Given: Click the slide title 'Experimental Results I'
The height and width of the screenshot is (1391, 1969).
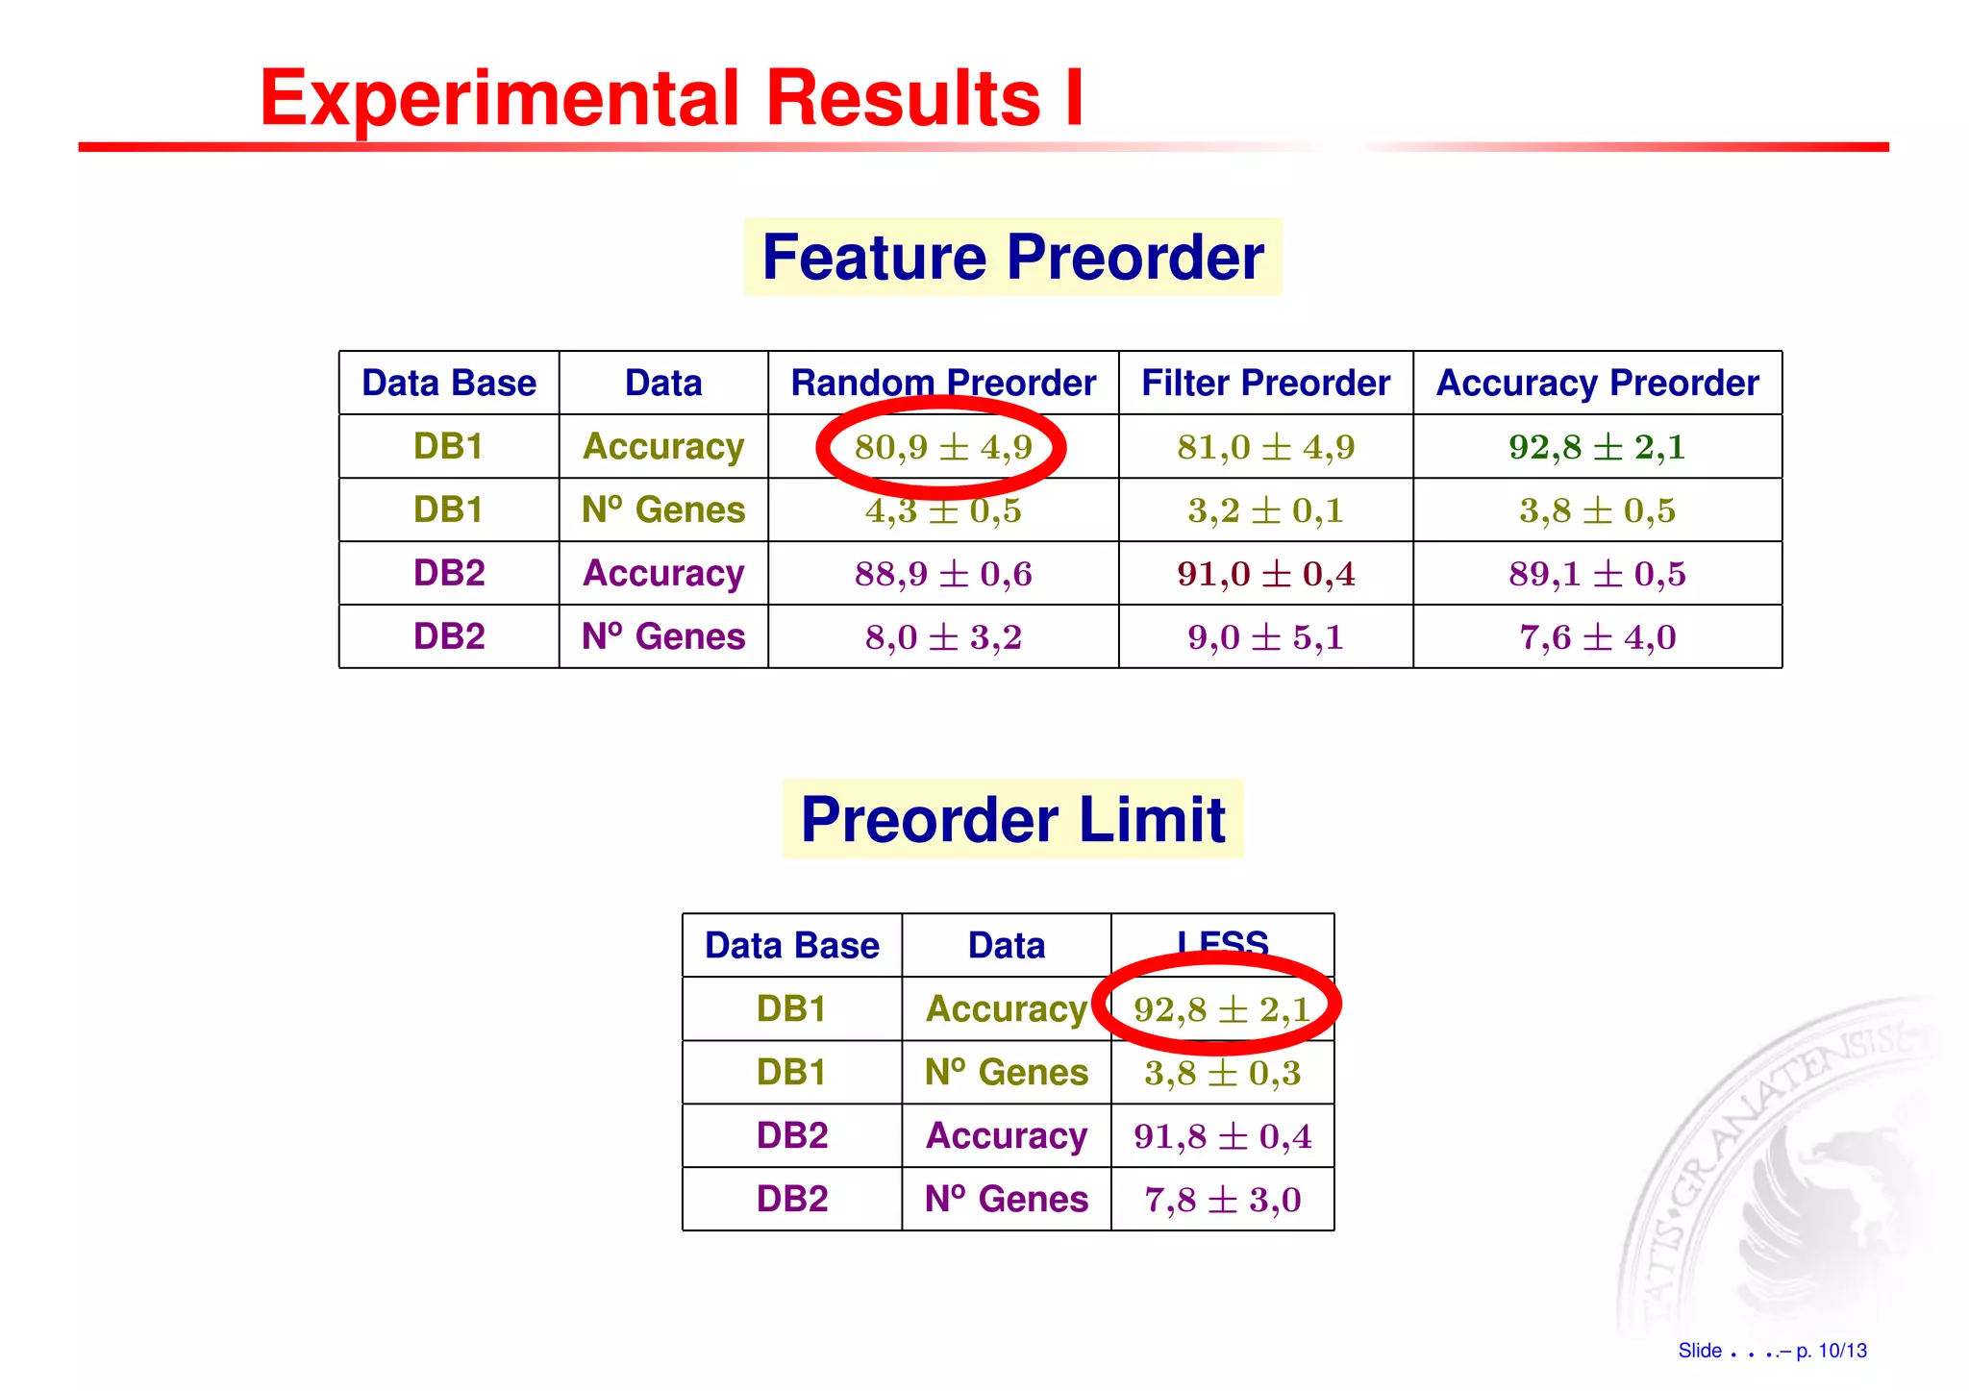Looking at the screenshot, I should [671, 98].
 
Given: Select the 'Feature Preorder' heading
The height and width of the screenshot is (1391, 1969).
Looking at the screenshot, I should [1012, 258].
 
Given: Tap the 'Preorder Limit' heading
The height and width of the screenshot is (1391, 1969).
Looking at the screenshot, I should [1012, 820].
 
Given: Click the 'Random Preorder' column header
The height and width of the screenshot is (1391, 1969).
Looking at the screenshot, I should [943, 384].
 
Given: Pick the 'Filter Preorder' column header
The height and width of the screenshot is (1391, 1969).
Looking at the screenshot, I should [1265, 384].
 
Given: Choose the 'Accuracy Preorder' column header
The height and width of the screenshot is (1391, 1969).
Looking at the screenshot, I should [1597, 384].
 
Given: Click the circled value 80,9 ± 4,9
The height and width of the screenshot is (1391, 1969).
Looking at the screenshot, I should [943, 447].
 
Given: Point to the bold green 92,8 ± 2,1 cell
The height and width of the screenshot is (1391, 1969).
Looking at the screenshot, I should [1597, 447].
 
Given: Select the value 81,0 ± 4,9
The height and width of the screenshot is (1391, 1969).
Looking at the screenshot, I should [1265, 447].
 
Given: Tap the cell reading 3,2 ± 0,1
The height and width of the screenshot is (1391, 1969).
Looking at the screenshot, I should [1265, 510].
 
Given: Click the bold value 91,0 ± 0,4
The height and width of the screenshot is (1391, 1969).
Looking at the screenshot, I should [1265, 574].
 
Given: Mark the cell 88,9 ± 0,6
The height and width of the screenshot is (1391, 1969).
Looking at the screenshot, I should [943, 574].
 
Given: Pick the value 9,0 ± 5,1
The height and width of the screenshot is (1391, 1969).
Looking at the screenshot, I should [1265, 637].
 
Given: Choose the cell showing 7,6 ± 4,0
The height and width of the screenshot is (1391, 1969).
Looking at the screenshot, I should [1597, 637].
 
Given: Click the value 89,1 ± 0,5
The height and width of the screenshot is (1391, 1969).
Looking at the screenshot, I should [1597, 574].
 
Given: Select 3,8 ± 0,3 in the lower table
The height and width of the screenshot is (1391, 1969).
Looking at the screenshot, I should [1222, 1073].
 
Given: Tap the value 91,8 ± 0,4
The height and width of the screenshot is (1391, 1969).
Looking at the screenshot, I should [1222, 1136].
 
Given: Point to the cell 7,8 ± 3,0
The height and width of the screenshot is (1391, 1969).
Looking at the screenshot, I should [1222, 1200].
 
